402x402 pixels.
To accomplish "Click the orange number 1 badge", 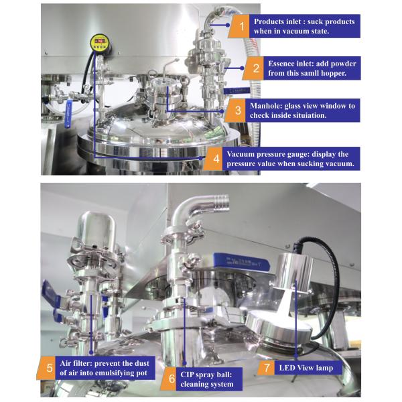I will (238, 27).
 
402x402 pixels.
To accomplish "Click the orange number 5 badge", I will (50, 368).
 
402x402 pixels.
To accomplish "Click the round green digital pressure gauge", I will (100, 45).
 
